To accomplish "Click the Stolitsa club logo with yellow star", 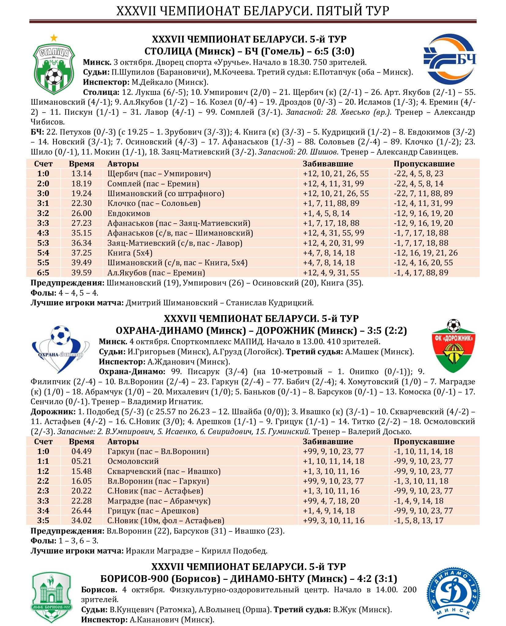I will point(54,65).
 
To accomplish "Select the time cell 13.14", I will point(81,174).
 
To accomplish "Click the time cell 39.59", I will point(81,273).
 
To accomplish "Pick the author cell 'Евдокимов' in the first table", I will point(128,213).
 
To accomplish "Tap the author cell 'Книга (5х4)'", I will point(130,253).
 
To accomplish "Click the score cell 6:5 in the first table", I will point(43,273).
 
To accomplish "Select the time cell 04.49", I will point(81,451).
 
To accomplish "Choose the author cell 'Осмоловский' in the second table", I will point(133,461).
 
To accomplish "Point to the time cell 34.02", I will point(81,520).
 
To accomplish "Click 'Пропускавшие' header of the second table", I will point(424,442).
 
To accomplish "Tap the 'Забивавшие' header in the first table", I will point(328,164).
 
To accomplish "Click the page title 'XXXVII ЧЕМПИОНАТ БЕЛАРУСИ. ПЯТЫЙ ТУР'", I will point(253,11).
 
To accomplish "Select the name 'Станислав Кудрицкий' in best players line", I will point(270,303).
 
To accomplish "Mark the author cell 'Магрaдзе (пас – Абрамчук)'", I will point(159,501).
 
